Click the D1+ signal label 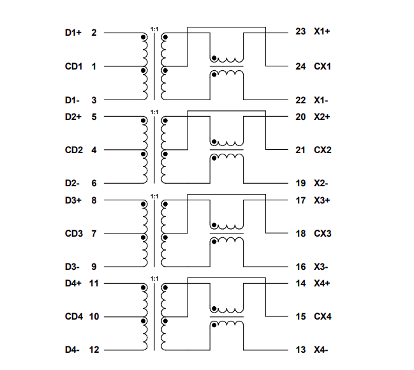(73, 33)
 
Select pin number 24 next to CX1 (301, 66)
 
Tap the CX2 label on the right (322, 150)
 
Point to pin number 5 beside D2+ (94, 117)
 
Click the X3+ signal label (322, 200)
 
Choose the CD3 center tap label (73, 233)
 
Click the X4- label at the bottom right (321, 350)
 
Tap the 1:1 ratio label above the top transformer (154, 29)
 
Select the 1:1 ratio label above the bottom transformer (154, 279)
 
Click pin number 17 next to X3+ (301, 200)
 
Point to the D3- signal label (72, 267)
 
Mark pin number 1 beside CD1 (94, 66)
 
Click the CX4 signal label (322, 316)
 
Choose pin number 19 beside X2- (301, 183)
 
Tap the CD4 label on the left (73, 316)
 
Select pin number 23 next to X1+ (301, 32)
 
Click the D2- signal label (72, 183)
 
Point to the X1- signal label (321, 100)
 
